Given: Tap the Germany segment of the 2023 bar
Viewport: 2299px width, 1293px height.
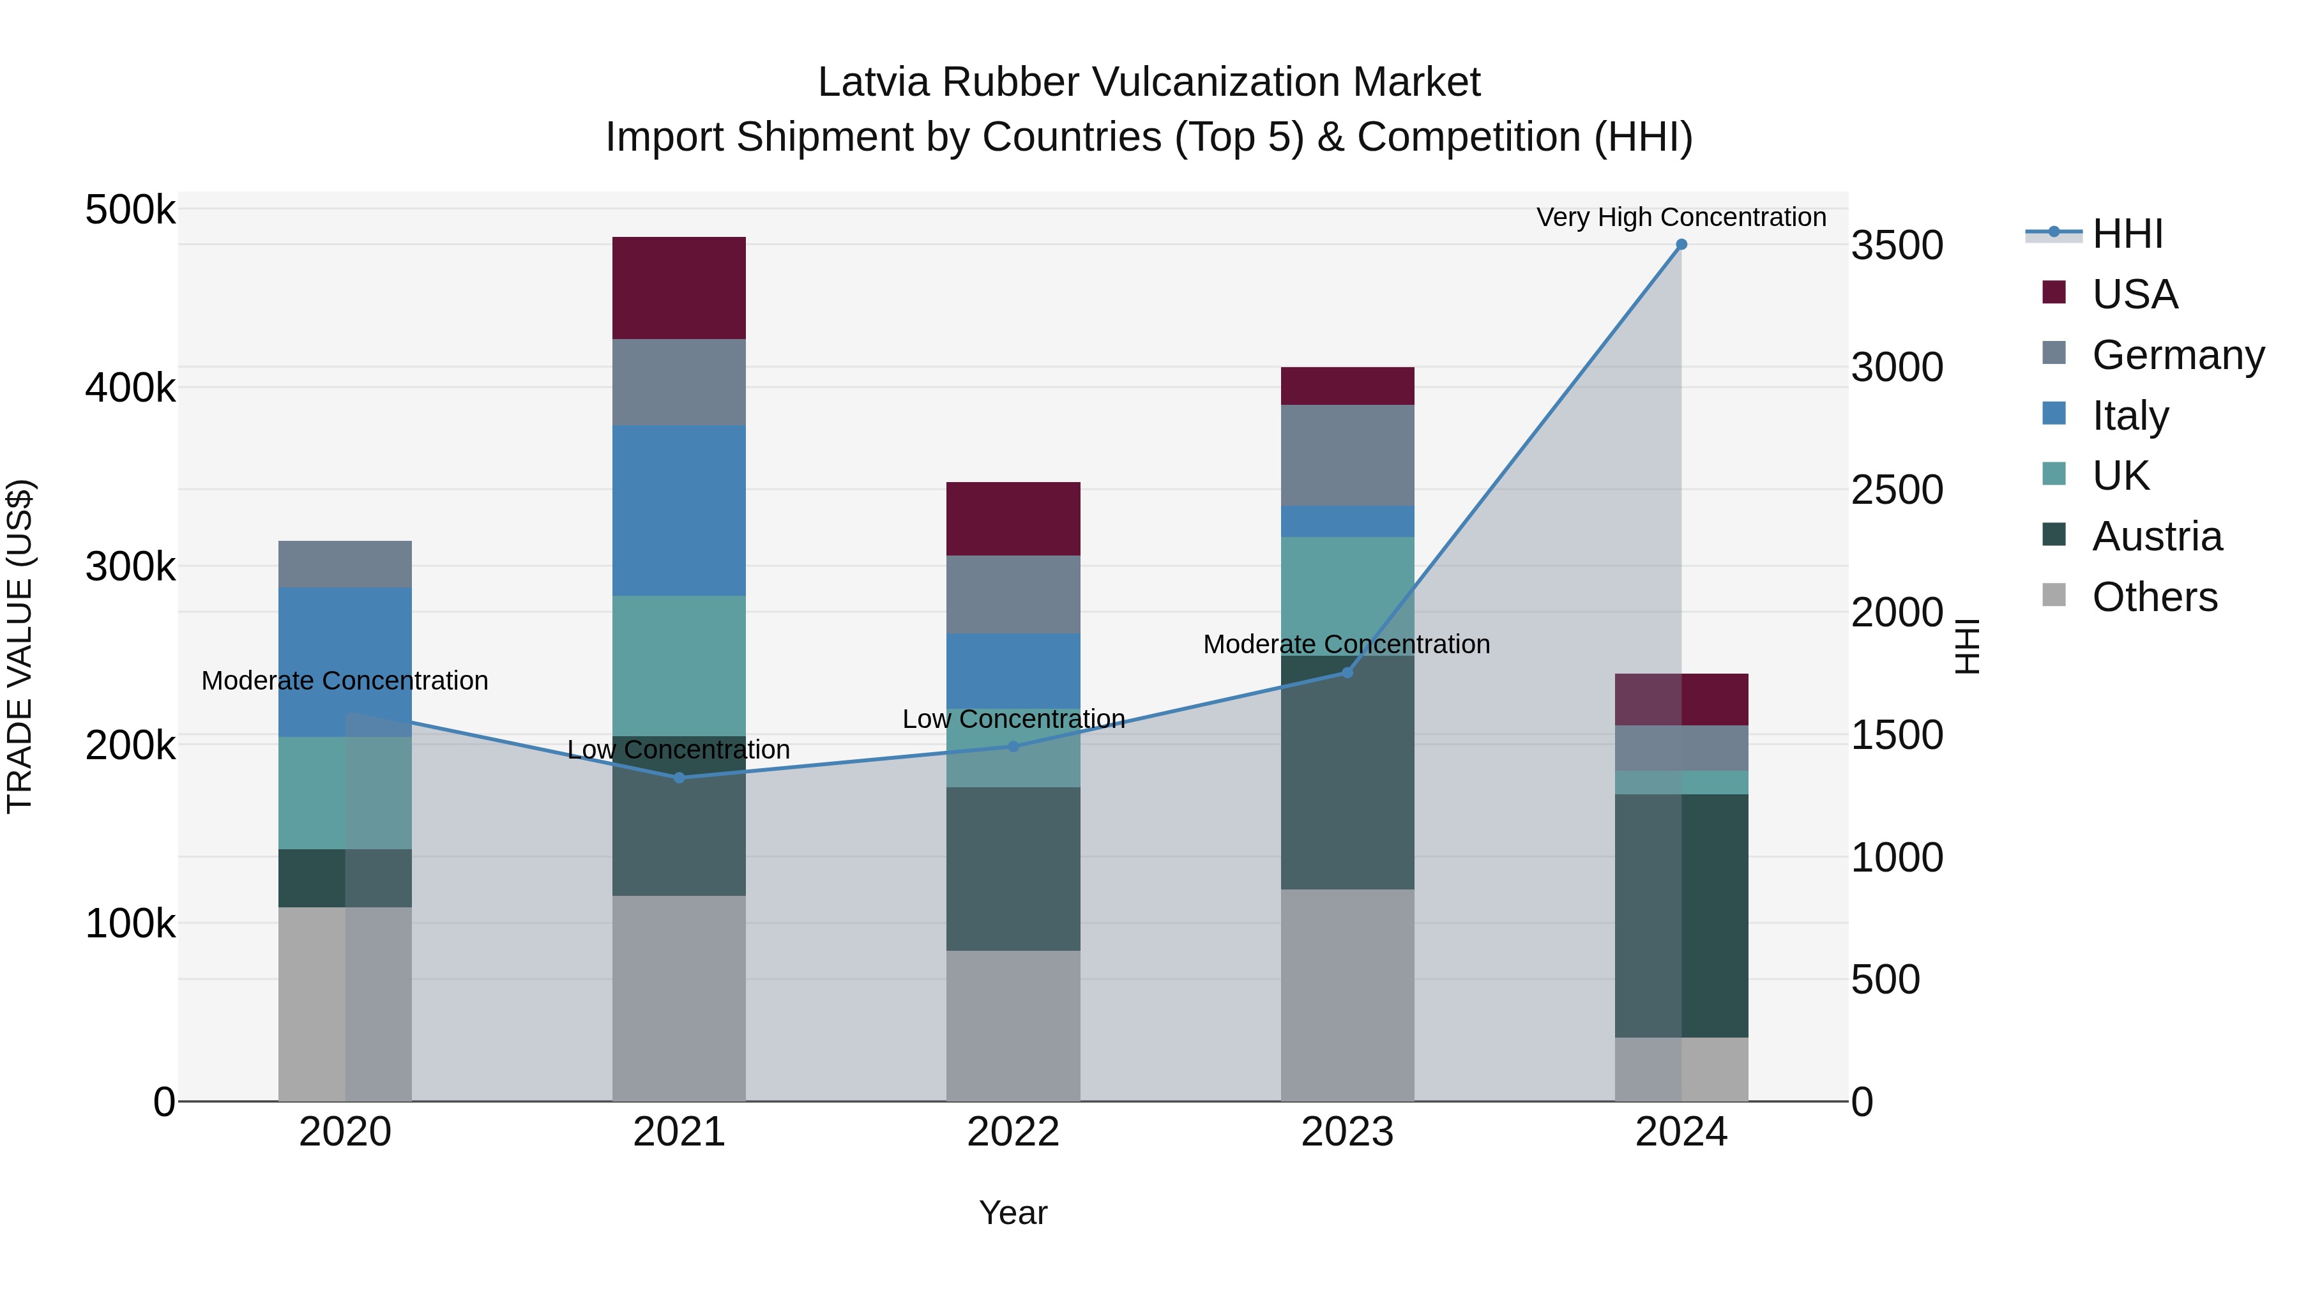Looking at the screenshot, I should pyautogui.click(x=1347, y=455).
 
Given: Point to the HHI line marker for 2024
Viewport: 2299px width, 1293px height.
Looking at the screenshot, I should pyautogui.click(x=1681, y=245).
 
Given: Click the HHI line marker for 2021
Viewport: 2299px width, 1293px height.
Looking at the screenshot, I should pyautogui.click(x=679, y=778).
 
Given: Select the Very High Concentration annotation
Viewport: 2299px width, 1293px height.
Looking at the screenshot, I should pyautogui.click(x=1681, y=217).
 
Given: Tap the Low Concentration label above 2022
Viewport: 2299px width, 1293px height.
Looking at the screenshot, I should pyautogui.click(x=1013, y=718).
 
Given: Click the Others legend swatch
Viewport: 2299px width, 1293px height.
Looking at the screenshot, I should pyautogui.click(x=2054, y=595).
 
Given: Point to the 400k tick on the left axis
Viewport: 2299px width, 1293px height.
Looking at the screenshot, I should pyautogui.click(x=130, y=388).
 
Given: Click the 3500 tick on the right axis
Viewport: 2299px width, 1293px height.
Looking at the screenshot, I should pyautogui.click(x=1897, y=245).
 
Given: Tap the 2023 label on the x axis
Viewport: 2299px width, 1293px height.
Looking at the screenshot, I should pyautogui.click(x=1347, y=1132).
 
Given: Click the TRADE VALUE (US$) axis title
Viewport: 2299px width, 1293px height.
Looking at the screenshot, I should pyautogui.click(x=20, y=646).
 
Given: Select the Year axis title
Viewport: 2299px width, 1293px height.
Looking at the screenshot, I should pyautogui.click(x=1013, y=1213).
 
